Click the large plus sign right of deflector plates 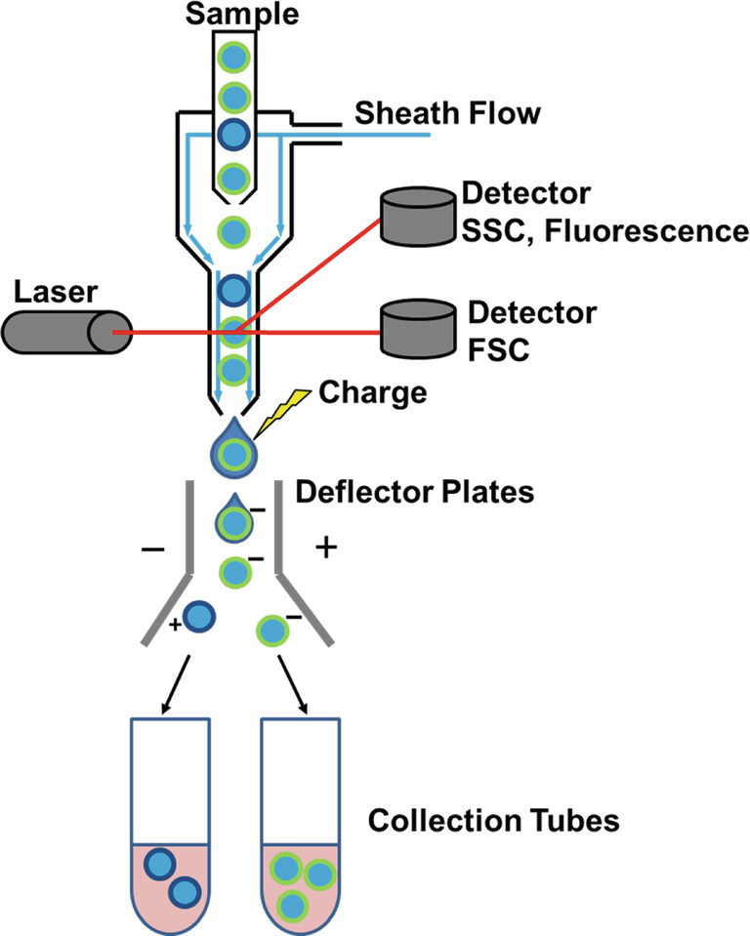click(x=325, y=549)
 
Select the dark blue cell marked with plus click(x=198, y=616)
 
